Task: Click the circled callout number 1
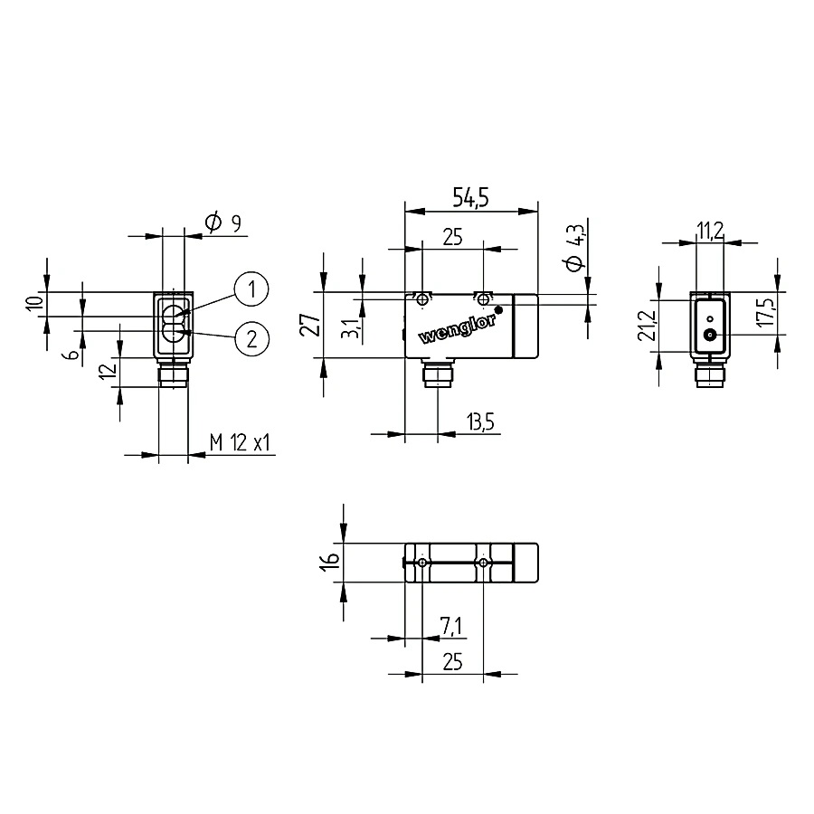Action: [x=251, y=289]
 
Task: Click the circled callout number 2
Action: [x=251, y=339]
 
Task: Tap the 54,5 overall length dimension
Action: [x=471, y=197]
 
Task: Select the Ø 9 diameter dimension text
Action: [x=223, y=222]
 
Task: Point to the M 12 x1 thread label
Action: [x=240, y=443]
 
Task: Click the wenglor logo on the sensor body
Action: [x=457, y=329]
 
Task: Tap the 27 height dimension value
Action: [x=311, y=325]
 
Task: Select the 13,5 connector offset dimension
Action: [x=480, y=422]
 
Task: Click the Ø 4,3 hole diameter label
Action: [x=575, y=248]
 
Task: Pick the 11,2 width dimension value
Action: [x=710, y=231]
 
